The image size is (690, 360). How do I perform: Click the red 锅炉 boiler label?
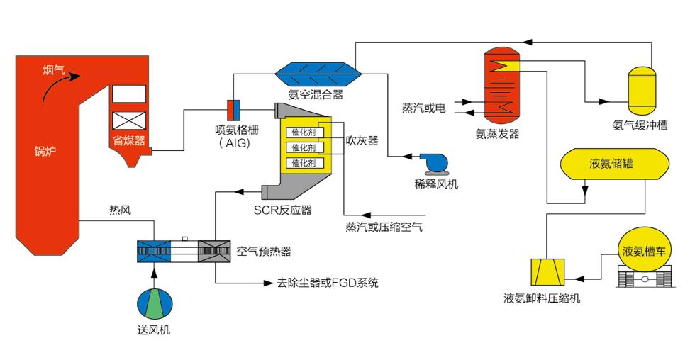pyautogui.click(x=45, y=151)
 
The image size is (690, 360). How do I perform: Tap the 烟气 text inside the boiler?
pyautogui.click(x=54, y=69)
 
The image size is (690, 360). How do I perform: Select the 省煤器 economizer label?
pyautogui.click(x=128, y=140)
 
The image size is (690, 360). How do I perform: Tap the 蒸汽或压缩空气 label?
pyautogui.click(x=384, y=227)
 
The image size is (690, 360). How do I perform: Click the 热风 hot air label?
pyautogui.click(x=121, y=210)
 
